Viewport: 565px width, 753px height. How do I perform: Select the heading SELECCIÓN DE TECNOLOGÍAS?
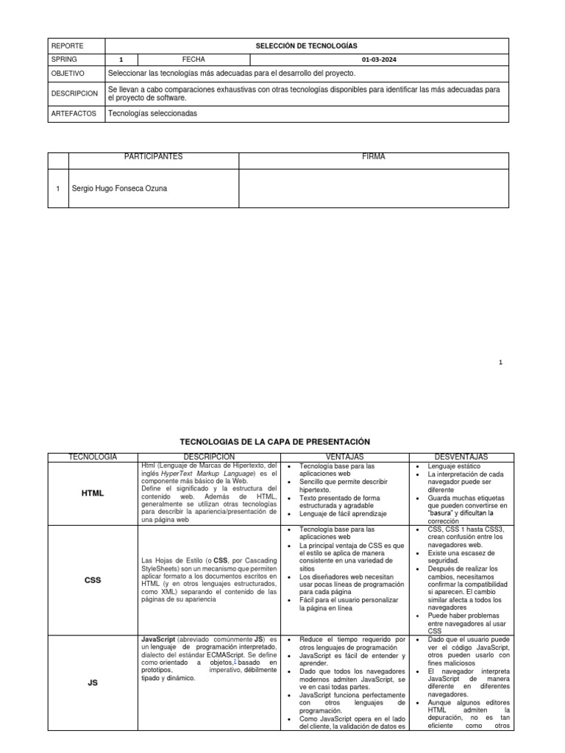coord(306,46)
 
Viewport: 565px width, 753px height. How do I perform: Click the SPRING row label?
coord(64,60)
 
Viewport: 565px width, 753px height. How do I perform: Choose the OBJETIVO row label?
coord(68,74)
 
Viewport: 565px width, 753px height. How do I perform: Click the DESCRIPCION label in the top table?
coord(74,93)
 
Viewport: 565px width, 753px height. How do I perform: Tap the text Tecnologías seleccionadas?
coord(153,113)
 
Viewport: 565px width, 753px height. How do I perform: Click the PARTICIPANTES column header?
coord(153,157)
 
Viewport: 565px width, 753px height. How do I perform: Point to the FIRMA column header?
coord(373,157)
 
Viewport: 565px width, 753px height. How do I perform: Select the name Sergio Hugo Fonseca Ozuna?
coord(119,188)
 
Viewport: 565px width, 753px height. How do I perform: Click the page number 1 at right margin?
coord(500,362)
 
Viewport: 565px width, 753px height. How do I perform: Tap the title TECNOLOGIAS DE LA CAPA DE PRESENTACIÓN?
coord(275,441)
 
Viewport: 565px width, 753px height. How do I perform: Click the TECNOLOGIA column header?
coord(93,457)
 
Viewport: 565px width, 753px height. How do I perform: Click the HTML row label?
coord(93,493)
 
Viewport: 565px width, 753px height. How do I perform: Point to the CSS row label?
coord(93,579)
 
